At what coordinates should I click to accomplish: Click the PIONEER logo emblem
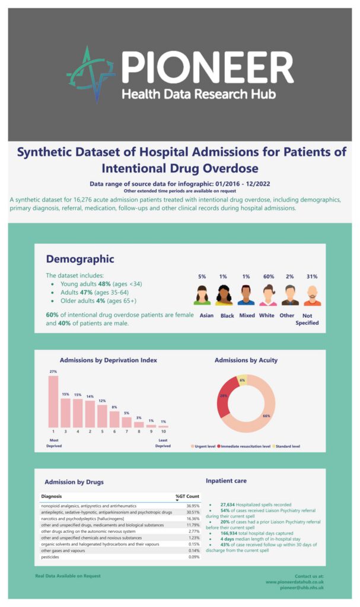(91, 73)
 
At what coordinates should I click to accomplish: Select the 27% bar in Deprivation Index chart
(53, 401)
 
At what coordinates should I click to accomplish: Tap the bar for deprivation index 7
(126, 421)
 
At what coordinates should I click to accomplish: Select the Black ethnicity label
(227, 315)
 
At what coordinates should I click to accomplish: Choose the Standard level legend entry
(287, 446)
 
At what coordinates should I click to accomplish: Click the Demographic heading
(80, 259)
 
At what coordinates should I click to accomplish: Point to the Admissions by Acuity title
(246, 360)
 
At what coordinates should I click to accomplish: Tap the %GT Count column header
(187, 496)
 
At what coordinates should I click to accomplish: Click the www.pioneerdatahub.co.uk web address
(294, 582)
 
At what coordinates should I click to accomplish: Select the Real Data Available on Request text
(68, 576)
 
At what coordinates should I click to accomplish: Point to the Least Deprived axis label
(163, 443)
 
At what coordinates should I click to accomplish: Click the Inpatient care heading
(226, 481)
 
